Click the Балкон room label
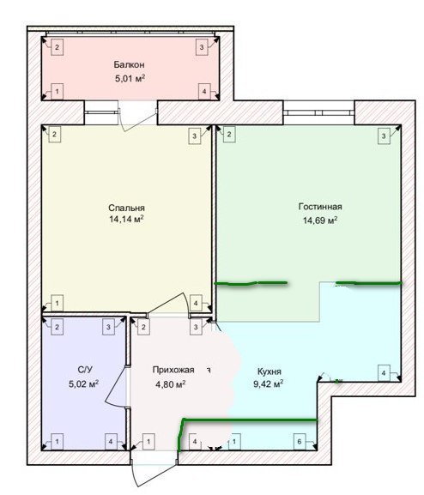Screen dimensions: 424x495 pyautogui.click(x=130, y=64)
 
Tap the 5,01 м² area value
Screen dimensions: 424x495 pyautogui.click(x=130, y=78)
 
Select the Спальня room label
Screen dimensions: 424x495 pyautogui.click(x=126, y=208)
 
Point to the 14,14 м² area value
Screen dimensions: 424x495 pyautogui.click(x=126, y=219)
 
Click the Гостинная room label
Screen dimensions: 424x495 pyautogui.click(x=320, y=207)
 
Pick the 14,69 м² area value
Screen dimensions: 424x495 pyautogui.click(x=320, y=220)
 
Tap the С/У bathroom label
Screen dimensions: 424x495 pyautogui.click(x=85, y=370)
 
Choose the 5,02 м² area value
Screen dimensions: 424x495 pyautogui.click(x=84, y=383)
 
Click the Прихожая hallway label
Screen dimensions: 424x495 pyautogui.click(x=173, y=370)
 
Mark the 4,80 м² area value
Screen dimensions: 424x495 pyautogui.click(x=170, y=384)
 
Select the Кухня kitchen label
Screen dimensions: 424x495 pyautogui.click(x=270, y=371)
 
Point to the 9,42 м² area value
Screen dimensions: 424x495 pyautogui.click(x=268, y=384)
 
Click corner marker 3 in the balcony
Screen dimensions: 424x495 pyautogui.click(x=202, y=47)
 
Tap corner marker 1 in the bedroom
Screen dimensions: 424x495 pyautogui.click(x=58, y=303)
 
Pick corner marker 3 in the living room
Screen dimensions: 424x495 pyautogui.click(x=384, y=136)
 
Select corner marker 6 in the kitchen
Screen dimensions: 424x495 pyautogui.click(x=300, y=442)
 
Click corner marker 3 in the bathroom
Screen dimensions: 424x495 pyautogui.click(x=108, y=327)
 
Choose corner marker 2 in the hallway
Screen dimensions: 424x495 pyautogui.click(x=143, y=327)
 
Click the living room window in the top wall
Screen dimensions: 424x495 pyautogui.click(x=318, y=112)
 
